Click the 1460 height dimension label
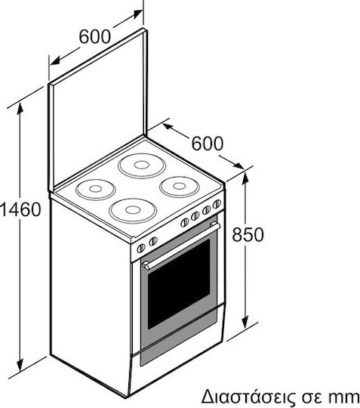20,209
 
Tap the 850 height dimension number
248,234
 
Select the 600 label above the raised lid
95,36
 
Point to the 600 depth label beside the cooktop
207,143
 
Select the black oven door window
179,284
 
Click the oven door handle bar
181,246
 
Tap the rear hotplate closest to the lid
142,165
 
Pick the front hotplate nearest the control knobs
133,210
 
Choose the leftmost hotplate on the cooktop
95,189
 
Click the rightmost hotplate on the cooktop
180,186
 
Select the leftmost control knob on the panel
141,249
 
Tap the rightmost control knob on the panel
217,204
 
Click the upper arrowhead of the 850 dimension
245,178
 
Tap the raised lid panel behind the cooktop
98,110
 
